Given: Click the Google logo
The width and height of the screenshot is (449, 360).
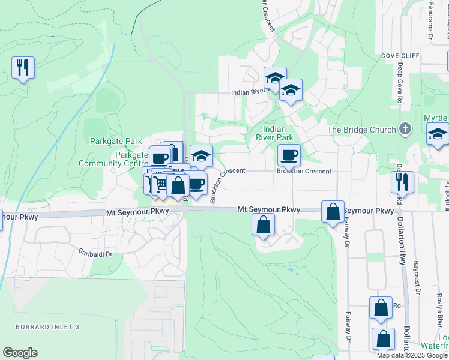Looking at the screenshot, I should pyautogui.click(x=20, y=353).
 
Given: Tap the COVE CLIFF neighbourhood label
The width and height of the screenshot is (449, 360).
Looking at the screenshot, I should pyautogui.click(x=400, y=55).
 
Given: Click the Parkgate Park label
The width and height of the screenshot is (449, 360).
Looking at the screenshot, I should pyautogui.click(x=115, y=142).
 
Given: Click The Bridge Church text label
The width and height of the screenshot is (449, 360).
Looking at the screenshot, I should pyautogui.click(x=361, y=130).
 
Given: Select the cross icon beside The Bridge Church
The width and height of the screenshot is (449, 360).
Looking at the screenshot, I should pyautogui.click(x=406, y=129).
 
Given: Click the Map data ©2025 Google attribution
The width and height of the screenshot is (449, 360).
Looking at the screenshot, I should pyautogui.click(x=412, y=355).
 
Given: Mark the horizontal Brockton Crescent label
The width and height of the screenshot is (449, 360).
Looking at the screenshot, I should pyautogui.click(x=303, y=172).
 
